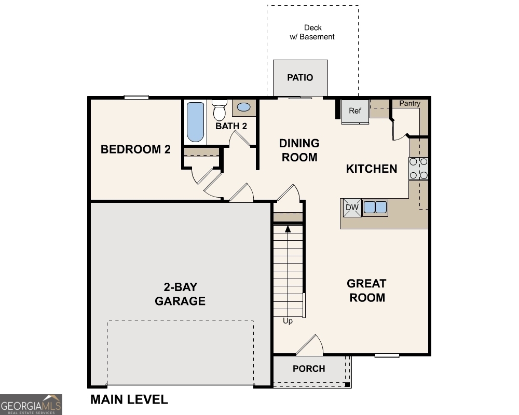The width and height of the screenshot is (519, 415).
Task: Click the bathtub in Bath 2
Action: [195, 122]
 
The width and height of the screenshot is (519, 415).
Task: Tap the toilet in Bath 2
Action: [219, 110]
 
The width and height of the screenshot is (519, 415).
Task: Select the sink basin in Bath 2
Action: [243, 108]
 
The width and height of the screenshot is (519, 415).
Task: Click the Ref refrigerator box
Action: [355, 111]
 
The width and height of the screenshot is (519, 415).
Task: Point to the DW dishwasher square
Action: [352, 208]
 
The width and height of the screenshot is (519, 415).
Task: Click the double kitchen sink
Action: [375, 208]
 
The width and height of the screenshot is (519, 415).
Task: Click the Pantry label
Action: [409, 104]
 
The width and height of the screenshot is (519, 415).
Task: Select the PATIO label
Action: [301, 78]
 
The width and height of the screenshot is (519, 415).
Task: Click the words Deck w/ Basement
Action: [312, 32]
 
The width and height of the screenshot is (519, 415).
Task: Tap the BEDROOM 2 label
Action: [135, 149]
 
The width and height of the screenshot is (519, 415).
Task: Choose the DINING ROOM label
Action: [299, 150]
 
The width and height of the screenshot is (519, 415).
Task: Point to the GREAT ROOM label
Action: [367, 290]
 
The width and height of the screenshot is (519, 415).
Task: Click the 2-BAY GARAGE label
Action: [180, 294]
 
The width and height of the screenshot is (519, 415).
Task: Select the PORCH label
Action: [309, 369]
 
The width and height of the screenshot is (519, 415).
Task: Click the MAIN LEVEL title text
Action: [129, 399]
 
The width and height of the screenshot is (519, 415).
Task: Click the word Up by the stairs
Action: [288, 321]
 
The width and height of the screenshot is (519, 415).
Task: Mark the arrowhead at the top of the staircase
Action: [287, 228]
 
